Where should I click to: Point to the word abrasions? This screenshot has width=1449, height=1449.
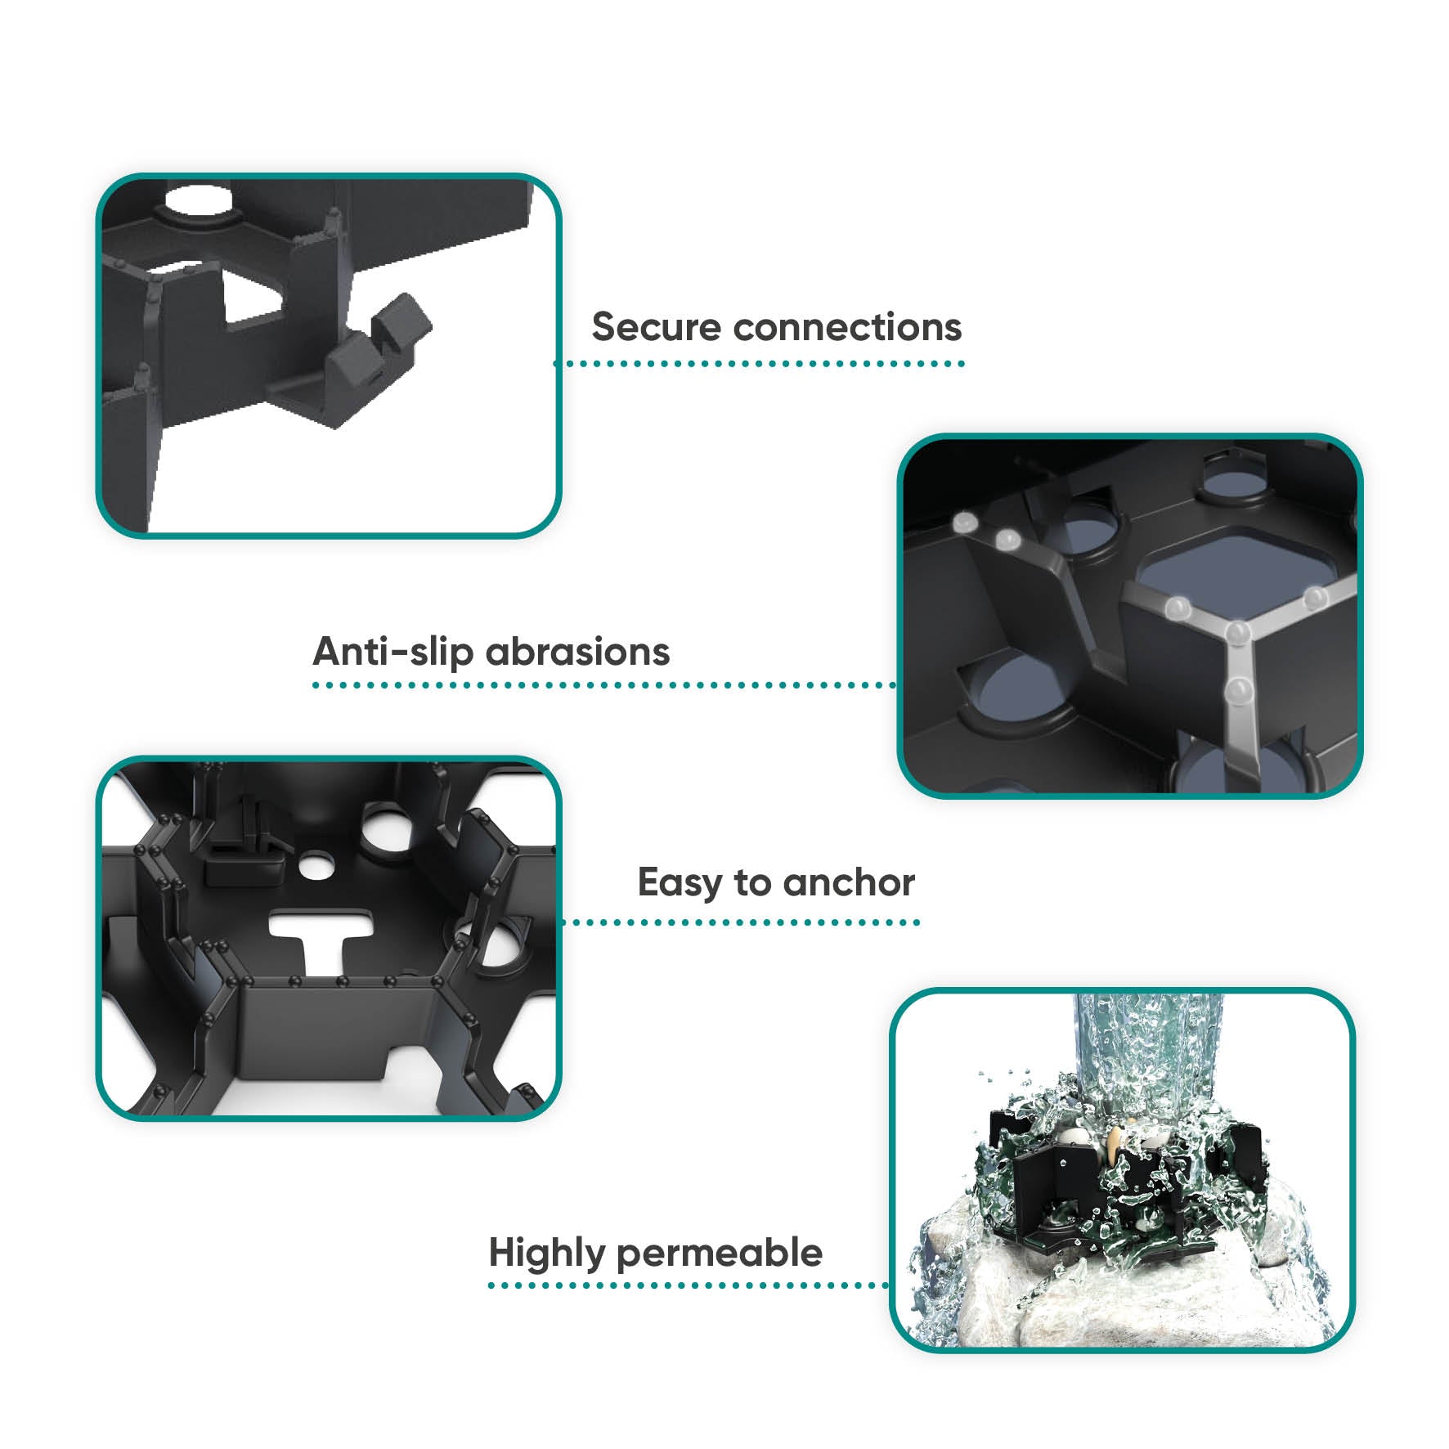[578, 652]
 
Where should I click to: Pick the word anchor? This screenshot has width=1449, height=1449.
[849, 883]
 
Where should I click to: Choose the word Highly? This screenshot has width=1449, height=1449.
[547, 1254]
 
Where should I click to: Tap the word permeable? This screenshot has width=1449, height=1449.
[720, 1254]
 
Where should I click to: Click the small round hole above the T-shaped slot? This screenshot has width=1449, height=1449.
[315, 865]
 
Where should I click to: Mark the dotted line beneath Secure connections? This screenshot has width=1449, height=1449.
[760, 363]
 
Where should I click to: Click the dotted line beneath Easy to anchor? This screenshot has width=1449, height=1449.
[741, 922]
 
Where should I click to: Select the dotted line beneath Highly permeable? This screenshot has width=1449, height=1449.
[689, 1285]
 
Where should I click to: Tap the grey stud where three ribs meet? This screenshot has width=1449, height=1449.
[1238, 632]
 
